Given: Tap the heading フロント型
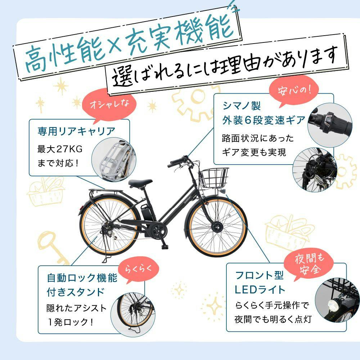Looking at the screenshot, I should tap(259, 276).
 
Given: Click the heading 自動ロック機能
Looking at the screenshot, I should tap(82, 278).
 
